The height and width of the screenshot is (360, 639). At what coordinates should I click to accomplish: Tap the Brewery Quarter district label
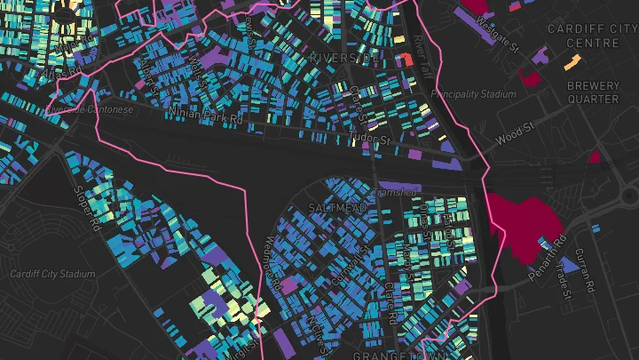(x=593, y=92)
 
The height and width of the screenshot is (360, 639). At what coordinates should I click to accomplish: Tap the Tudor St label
(x=372, y=140)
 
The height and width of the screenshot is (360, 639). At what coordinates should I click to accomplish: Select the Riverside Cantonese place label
(x=89, y=109)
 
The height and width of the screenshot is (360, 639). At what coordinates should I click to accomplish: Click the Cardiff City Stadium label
(x=52, y=274)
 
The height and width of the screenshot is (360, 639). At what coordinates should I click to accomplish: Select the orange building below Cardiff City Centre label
(x=572, y=62)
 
